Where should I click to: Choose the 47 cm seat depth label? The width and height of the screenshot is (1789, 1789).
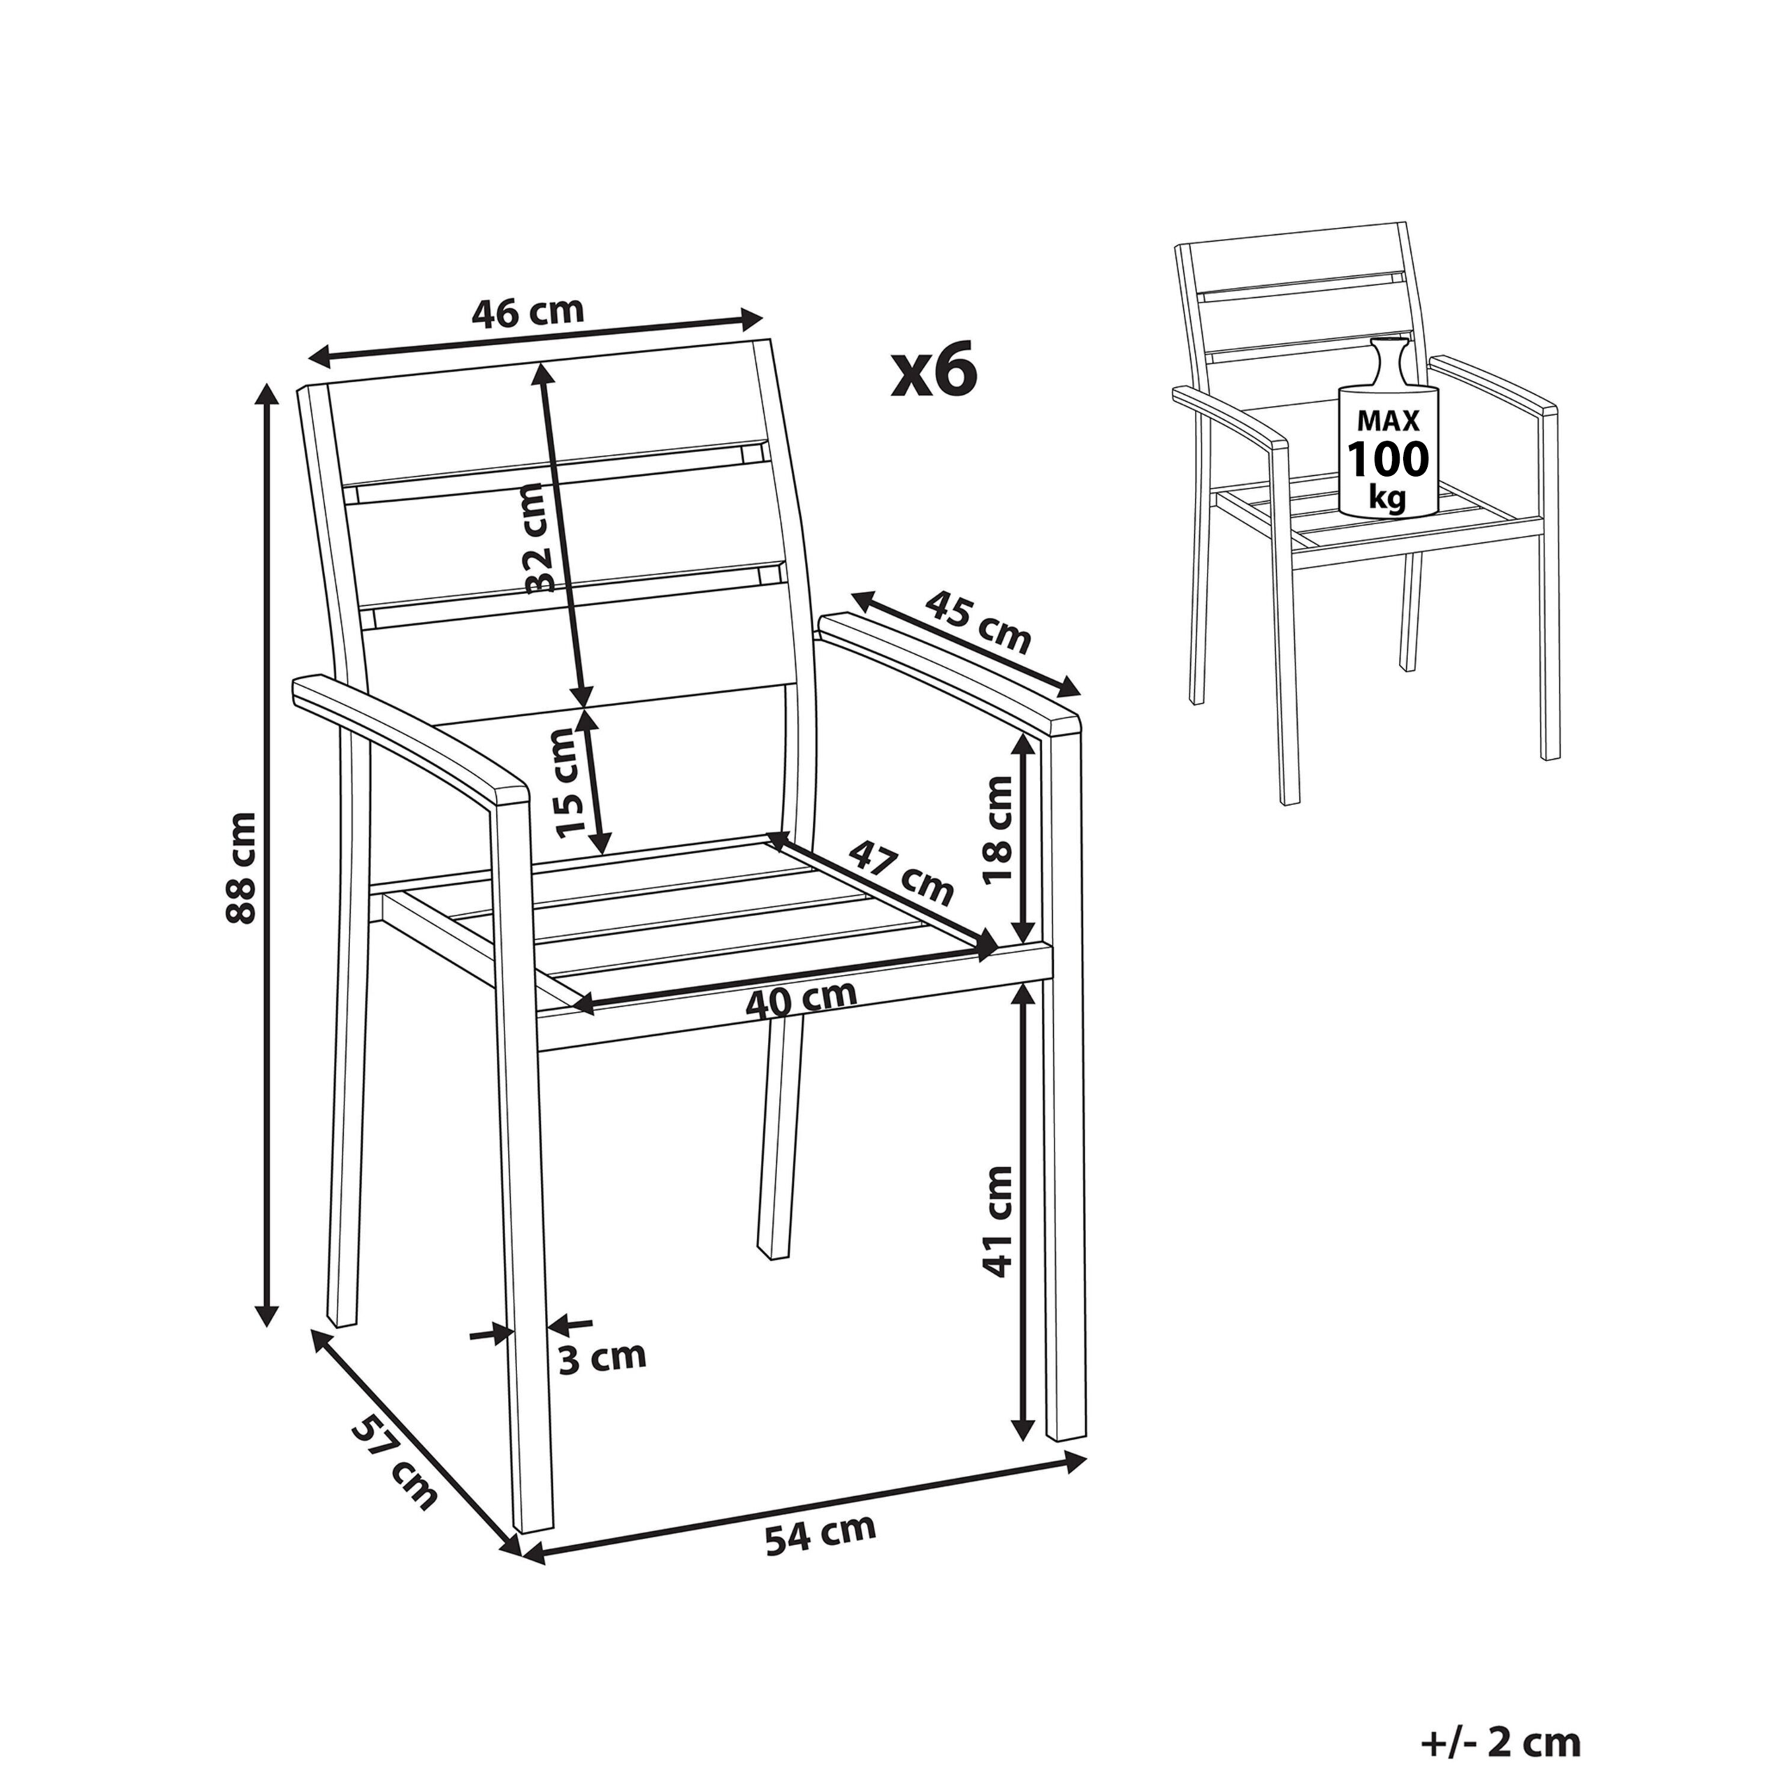point(901,872)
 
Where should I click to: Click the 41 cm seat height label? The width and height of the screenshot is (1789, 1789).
point(998,1222)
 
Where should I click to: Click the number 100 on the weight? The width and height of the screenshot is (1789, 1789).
point(1387,458)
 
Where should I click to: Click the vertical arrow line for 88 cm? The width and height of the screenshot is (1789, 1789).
point(268,853)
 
